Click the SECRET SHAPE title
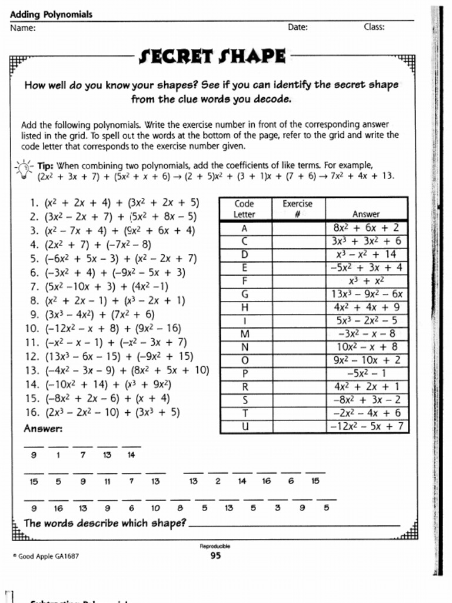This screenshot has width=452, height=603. point(212,57)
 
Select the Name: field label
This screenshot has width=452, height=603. point(22,28)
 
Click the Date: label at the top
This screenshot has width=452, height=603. point(298,27)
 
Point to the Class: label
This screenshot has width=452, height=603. point(374,27)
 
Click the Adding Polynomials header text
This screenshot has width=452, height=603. point(51,15)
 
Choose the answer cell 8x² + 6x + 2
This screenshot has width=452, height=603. point(366,227)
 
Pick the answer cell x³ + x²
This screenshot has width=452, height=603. point(366,281)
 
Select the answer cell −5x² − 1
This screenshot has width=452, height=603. point(366,373)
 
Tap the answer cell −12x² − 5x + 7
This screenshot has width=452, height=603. point(366,426)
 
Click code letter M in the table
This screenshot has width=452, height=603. point(245,334)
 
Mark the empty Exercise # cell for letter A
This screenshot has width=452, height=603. point(298,227)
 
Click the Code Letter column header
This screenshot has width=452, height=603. point(245,209)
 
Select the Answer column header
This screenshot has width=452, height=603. point(366,214)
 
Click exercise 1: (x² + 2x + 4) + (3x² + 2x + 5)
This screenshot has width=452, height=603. point(115,204)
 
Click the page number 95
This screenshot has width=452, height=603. point(216,555)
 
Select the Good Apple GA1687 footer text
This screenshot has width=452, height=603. point(46,555)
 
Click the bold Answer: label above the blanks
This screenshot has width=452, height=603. point(43,429)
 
